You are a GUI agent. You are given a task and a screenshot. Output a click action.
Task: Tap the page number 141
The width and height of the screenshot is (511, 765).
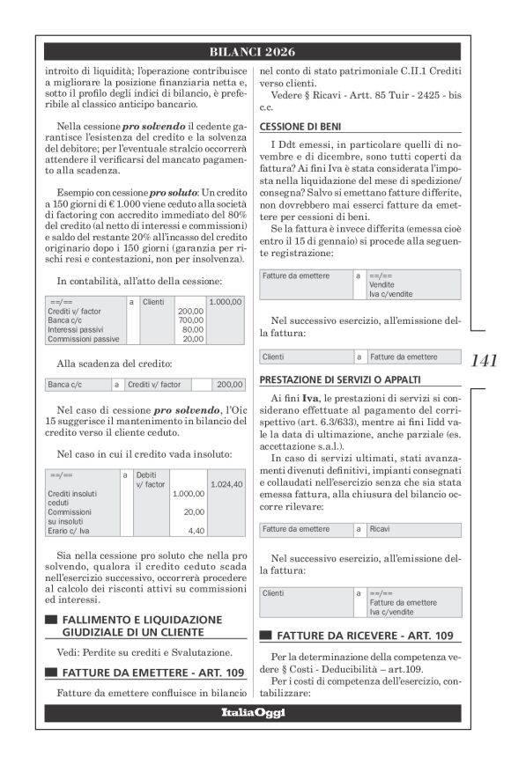coord(484,360)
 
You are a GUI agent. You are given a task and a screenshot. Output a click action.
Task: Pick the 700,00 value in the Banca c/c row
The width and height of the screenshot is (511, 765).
coord(190,320)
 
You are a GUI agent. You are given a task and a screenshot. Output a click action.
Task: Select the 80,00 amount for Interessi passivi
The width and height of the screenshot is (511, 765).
coord(192,329)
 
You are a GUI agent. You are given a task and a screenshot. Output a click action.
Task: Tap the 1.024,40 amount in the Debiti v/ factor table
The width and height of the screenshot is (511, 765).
coord(226,484)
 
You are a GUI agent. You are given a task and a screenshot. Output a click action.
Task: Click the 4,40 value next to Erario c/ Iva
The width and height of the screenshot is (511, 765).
coord(196,531)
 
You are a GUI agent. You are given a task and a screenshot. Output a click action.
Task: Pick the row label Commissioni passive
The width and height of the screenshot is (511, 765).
coord(77,339)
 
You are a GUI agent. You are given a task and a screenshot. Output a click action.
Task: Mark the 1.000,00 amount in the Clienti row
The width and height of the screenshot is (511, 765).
coord(226,301)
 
